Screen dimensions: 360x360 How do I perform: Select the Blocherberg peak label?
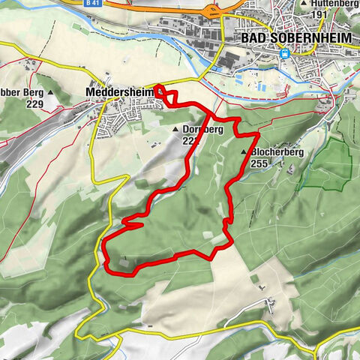click(277, 152)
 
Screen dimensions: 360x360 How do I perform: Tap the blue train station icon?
click(285, 53)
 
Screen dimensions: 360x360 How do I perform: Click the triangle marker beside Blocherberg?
click(244, 152)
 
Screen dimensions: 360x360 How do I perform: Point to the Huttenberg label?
click(334, 4)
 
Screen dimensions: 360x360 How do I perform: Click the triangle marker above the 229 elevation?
click(51, 93)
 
